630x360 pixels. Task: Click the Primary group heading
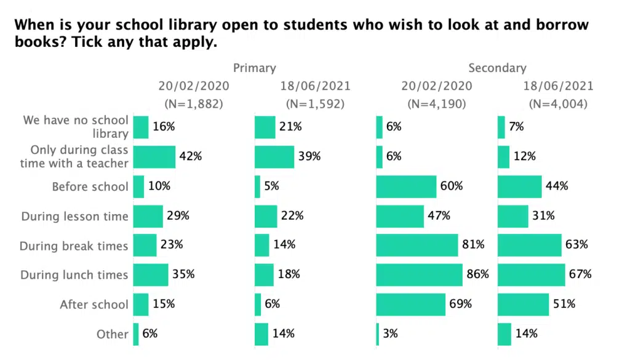[254, 68]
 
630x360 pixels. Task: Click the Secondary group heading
[497, 68]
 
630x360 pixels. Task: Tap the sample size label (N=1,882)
[193, 104]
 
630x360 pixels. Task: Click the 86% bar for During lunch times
[419, 274]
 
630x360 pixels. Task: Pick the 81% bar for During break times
[417, 245]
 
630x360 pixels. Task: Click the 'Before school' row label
[90, 186]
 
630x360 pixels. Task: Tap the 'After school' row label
[94, 305]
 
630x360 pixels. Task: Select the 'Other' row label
[112, 334]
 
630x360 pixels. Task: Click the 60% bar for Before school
[406, 186]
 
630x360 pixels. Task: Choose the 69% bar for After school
[410, 304]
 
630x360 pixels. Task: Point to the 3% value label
[390, 334]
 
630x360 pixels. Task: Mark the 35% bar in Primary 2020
[151, 274]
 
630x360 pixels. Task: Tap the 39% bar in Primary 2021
[274, 156]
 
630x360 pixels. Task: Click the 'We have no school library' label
[76, 126]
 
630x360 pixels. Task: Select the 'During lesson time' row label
[74, 216]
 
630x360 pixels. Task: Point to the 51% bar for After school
[523, 304]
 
